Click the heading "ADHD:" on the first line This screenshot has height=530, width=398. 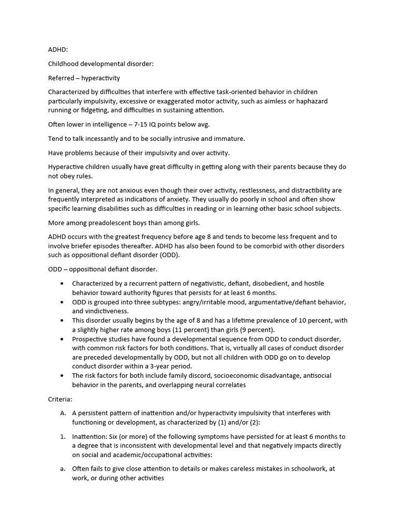[x=58, y=50]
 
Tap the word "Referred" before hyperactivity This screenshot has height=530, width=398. [x=62, y=78]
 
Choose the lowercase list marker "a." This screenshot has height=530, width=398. [x=63, y=469]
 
